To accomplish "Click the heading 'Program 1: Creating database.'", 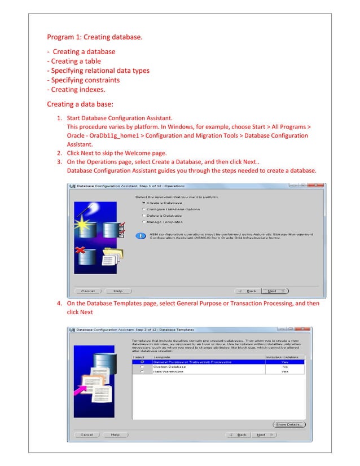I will click(94, 38).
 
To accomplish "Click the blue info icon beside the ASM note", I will click(143, 235).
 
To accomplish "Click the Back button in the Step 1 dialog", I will click(249, 291).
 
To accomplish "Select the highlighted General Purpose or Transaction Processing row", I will click(192, 362).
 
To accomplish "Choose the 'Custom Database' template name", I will click(169, 367).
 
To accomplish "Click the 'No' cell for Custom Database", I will click(284, 367).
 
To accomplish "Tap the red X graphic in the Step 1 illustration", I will click(81, 249).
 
